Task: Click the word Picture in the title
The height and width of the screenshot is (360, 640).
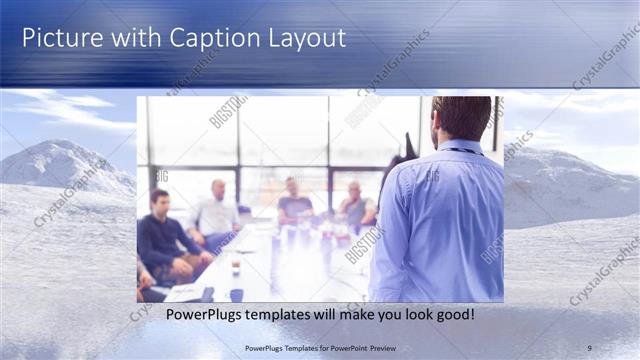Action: click(59, 38)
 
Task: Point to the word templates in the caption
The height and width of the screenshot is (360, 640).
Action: click(269, 315)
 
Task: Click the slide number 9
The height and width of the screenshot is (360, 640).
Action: click(589, 347)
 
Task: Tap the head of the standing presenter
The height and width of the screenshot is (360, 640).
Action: click(461, 118)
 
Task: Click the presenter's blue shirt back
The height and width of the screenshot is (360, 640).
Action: click(440, 220)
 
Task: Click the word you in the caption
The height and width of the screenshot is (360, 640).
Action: click(370, 315)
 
